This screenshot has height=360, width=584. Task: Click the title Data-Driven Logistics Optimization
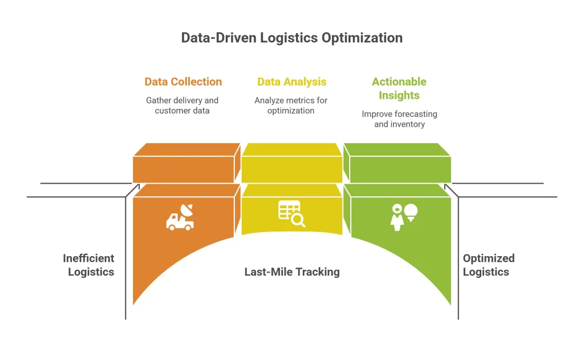pyautogui.click(x=291, y=38)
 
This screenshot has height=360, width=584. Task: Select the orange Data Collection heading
pyautogui.click(x=183, y=82)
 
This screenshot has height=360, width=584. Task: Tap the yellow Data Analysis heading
pyautogui.click(x=291, y=82)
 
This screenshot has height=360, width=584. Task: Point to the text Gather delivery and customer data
pyautogui.click(x=182, y=106)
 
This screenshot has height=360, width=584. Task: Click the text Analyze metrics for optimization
pyautogui.click(x=291, y=106)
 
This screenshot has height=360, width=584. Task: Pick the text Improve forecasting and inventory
pyautogui.click(x=399, y=119)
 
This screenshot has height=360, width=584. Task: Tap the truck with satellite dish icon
pyautogui.click(x=180, y=218)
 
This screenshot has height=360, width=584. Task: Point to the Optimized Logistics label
pyautogui.click(x=488, y=265)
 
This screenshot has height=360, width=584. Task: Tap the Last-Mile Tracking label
pyautogui.click(x=291, y=272)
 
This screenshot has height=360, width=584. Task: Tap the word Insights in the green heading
pyautogui.click(x=399, y=95)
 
